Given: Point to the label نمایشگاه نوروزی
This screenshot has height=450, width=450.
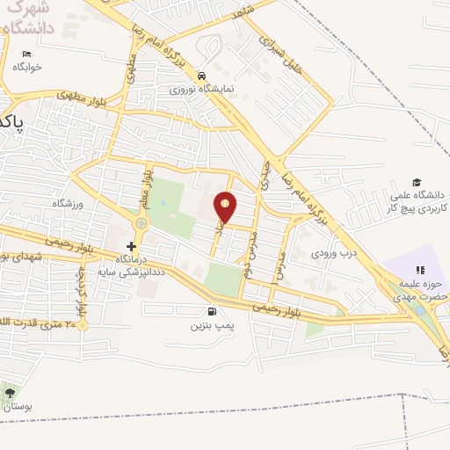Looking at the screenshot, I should (203, 89).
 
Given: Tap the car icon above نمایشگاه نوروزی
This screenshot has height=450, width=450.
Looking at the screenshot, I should (203, 76).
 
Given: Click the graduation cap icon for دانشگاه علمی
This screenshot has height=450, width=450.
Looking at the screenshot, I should (416, 181).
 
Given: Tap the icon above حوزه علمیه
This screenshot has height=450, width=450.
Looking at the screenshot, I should (419, 270).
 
